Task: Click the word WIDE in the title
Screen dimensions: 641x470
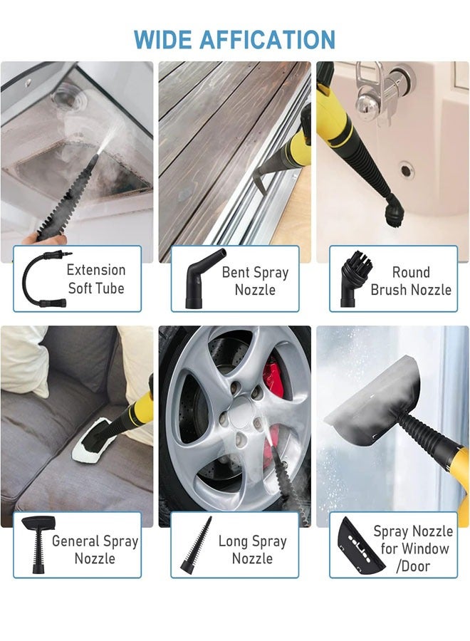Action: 161,39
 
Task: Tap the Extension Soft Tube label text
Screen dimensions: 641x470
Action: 95,279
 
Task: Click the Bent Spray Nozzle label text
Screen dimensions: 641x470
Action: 255,281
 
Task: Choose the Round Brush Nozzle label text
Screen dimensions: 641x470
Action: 411,281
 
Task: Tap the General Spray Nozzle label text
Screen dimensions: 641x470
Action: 95,549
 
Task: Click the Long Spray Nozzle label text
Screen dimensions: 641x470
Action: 252,549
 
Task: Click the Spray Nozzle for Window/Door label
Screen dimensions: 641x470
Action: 414,548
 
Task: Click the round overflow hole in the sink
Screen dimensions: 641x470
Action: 406,171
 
